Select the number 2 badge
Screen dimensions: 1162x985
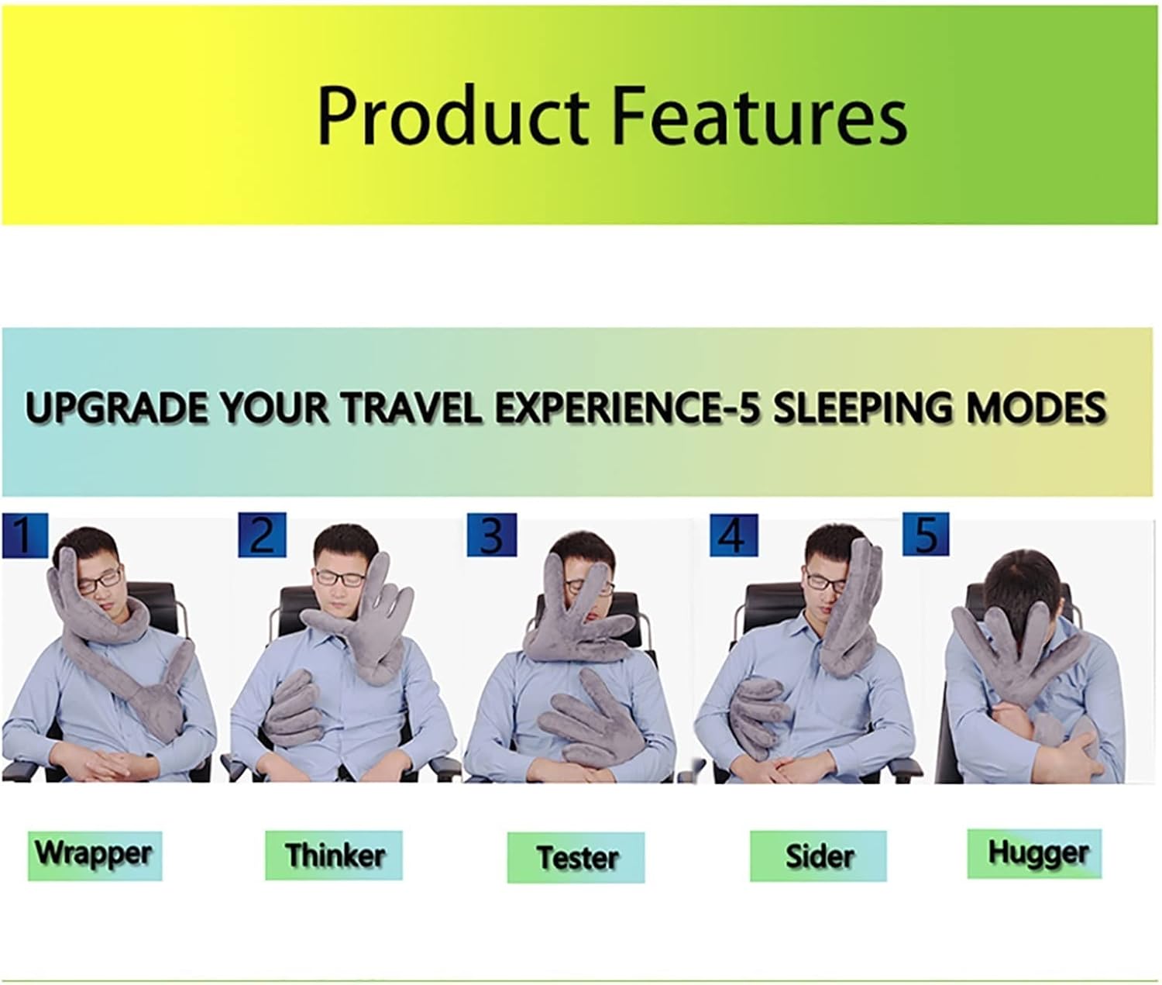tap(262, 535)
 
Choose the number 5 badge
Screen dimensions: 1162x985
tap(926, 535)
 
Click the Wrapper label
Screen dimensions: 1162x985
tap(95, 856)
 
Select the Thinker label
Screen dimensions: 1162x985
tap(334, 856)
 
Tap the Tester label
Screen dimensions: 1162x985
tap(576, 858)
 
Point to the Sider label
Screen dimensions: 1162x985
tap(818, 856)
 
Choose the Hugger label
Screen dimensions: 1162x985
tap(1034, 853)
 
